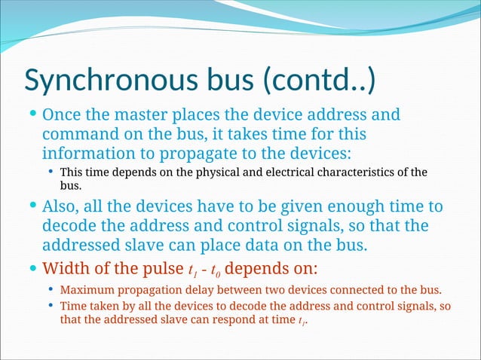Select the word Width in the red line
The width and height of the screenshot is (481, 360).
pos(66,268)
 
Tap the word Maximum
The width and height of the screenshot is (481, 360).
pos(86,290)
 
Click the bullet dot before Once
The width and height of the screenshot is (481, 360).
pos(31,115)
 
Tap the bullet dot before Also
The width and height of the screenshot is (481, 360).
pos(31,206)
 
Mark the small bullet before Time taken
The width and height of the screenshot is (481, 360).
pos(50,306)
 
